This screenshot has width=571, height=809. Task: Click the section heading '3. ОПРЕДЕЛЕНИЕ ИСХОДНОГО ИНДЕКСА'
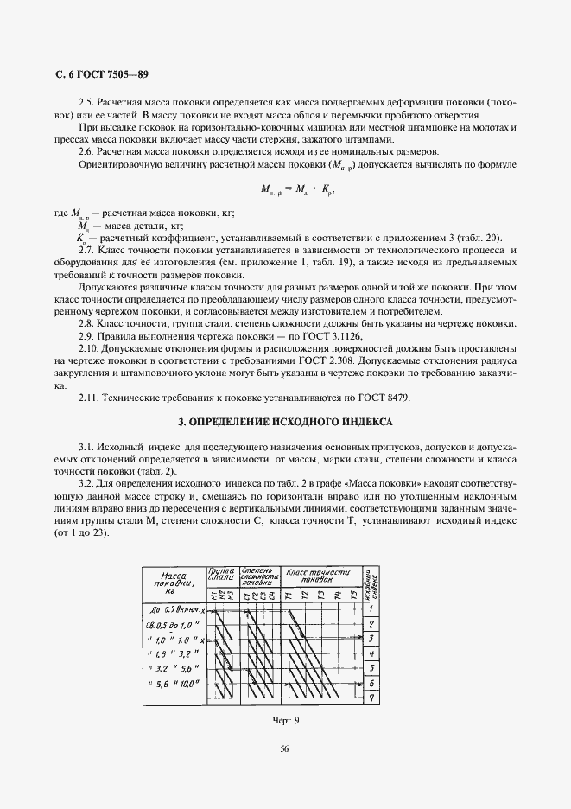tap(285, 423)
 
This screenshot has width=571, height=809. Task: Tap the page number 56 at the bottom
tap(284, 748)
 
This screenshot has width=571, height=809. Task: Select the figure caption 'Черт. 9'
tap(284, 719)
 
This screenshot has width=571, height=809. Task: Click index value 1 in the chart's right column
tap(369, 608)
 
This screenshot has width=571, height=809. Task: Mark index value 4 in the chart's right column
tap(369, 653)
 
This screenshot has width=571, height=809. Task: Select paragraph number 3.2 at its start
tap(86, 481)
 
